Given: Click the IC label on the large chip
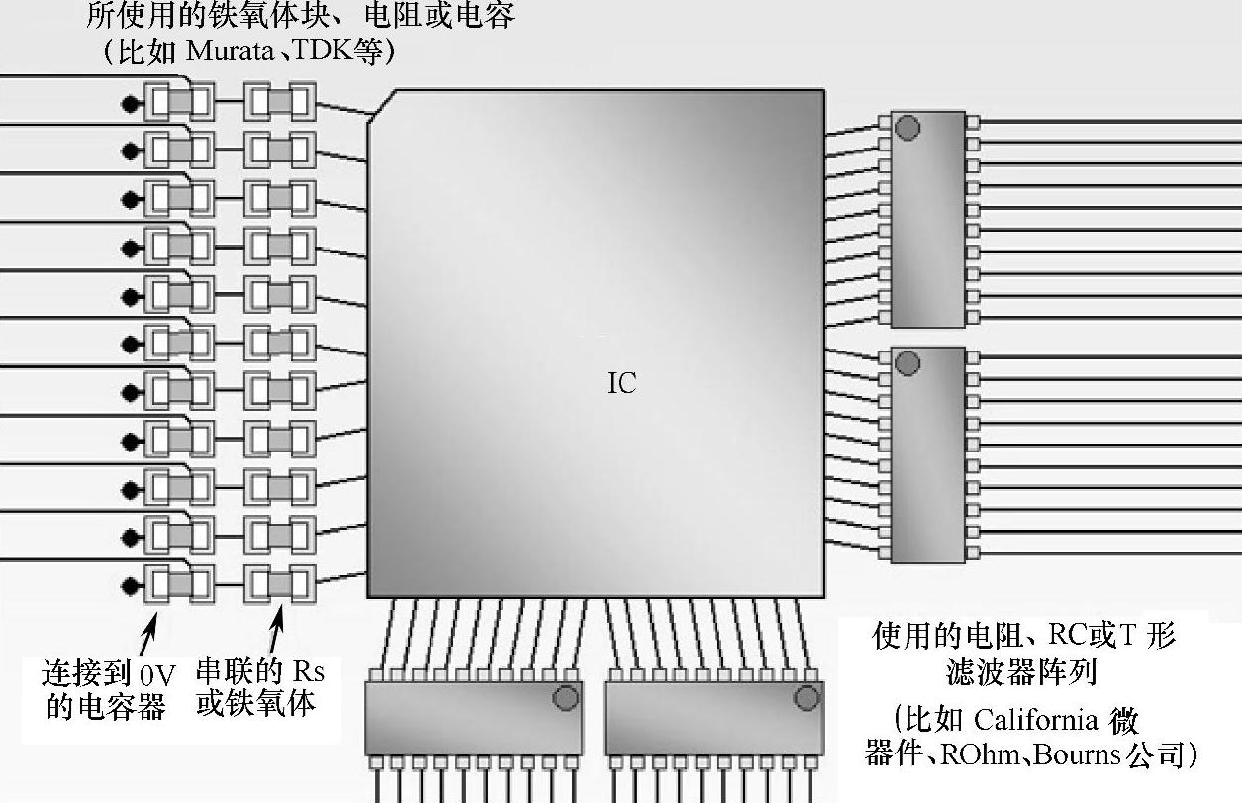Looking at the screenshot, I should (x=621, y=383).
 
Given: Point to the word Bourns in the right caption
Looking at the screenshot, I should (x=1087, y=756).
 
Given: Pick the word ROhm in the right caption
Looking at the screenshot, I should (x=991, y=756).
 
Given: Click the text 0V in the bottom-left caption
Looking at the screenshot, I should (x=157, y=675).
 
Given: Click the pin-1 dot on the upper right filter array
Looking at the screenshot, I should (x=907, y=128).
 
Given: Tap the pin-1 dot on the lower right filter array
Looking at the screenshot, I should (x=907, y=364).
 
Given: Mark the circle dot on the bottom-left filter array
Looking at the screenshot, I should (x=565, y=699).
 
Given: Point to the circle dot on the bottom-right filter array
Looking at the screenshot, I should (x=807, y=699).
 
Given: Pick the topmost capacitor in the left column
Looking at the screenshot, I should (x=178, y=102).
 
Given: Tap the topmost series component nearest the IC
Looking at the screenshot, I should (x=279, y=102).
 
